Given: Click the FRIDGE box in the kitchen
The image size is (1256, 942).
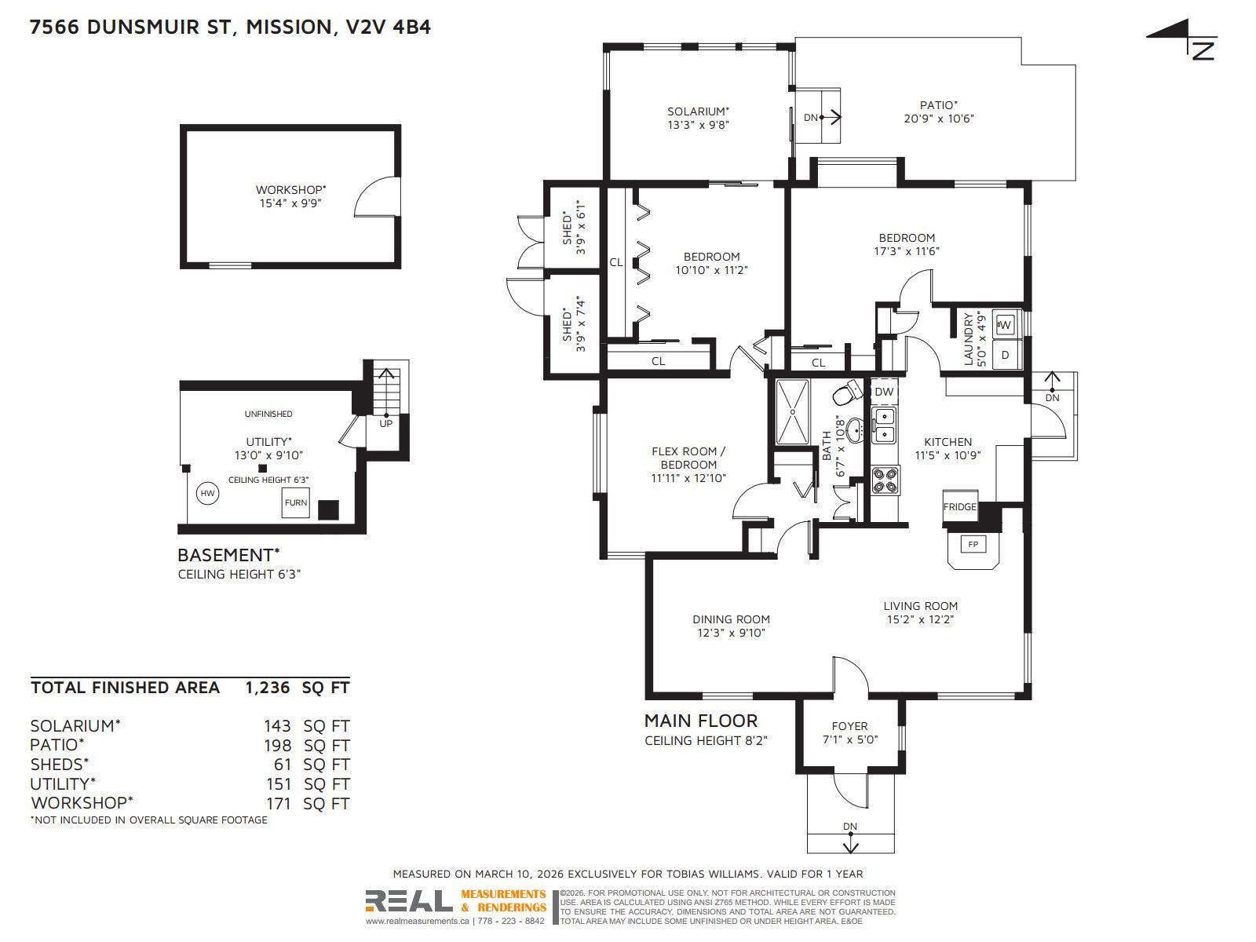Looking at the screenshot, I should (x=960, y=506).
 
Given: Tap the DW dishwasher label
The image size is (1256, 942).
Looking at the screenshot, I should (x=884, y=392).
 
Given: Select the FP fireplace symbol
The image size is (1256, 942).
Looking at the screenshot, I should (x=973, y=544).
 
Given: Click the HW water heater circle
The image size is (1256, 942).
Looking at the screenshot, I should (x=207, y=493).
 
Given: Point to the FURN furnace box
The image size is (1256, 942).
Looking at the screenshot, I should (x=296, y=502).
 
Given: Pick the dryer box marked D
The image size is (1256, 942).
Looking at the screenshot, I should (x=1006, y=355).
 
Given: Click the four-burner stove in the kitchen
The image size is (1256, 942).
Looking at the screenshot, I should (x=885, y=480).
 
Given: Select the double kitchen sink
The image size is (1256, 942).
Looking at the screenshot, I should (x=884, y=425).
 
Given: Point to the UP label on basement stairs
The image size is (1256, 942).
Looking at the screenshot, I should (x=385, y=423).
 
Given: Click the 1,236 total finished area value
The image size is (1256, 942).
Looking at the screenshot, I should (x=268, y=688).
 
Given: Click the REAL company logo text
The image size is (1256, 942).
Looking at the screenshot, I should (x=408, y=900).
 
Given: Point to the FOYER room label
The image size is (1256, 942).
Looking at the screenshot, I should (x=849, y=726).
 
